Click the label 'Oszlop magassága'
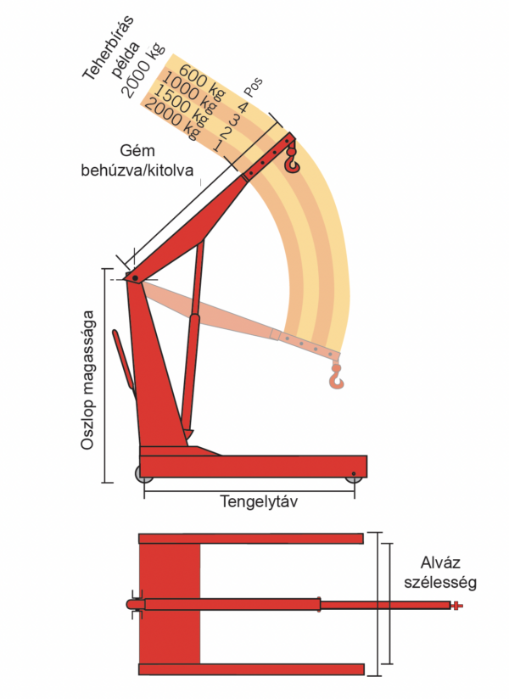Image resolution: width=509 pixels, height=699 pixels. tap(88, 382)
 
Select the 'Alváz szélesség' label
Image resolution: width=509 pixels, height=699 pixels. tap(449, 572)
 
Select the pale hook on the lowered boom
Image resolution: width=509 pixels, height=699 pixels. tap(337, 377)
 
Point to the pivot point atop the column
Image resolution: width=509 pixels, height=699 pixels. tap(134, 278)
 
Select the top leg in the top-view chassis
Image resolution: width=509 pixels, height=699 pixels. tap(251, 539)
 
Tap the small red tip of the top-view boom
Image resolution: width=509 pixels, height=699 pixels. tap(456, 605)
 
